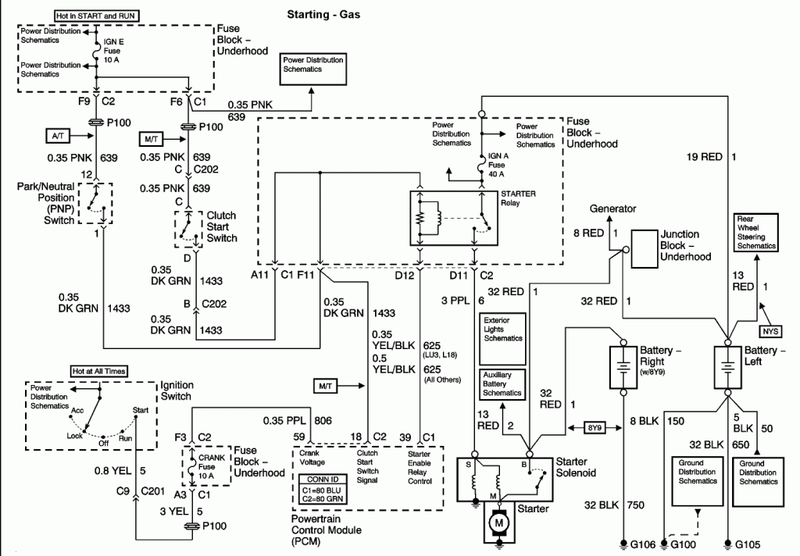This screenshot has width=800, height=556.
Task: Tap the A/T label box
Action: coord(58,136)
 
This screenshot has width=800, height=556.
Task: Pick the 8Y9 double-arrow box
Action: coord(595,427)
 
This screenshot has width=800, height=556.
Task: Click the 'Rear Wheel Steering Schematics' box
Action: coord(756,232)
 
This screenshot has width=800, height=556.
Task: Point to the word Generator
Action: coord(612,208)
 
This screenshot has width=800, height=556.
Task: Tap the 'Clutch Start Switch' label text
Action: coord(221,226)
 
